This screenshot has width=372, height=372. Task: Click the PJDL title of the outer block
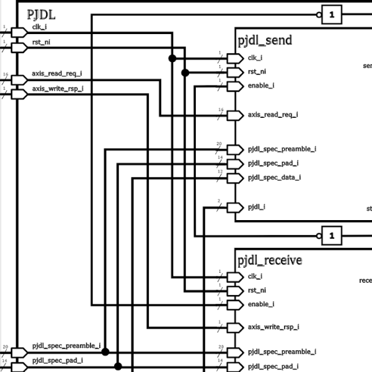click(42, 14)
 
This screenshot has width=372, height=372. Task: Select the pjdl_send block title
click(265, 41)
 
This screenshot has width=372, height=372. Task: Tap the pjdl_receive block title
click(270, 260)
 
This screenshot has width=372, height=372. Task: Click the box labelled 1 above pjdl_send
click(332, 14)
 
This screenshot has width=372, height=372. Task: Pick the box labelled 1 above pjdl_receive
click(332, 236)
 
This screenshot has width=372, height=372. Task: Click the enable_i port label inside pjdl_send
click(261, 86)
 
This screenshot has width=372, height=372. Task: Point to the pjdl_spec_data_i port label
click(274, 178)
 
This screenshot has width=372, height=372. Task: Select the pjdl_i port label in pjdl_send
click(257, 206)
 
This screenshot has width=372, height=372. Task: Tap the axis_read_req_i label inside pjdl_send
click(273, 115)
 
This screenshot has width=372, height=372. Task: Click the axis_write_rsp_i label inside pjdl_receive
click(273, 327)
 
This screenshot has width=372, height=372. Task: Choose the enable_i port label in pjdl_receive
click(261, 304)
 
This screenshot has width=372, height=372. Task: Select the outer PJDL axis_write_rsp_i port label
click(58, 89)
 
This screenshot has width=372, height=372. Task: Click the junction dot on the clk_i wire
click(172, 58)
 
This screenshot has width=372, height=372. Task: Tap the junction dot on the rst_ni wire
click(185, 73)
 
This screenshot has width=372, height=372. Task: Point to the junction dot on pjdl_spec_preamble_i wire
click(105, 352)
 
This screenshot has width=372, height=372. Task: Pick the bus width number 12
click(219, 172)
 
